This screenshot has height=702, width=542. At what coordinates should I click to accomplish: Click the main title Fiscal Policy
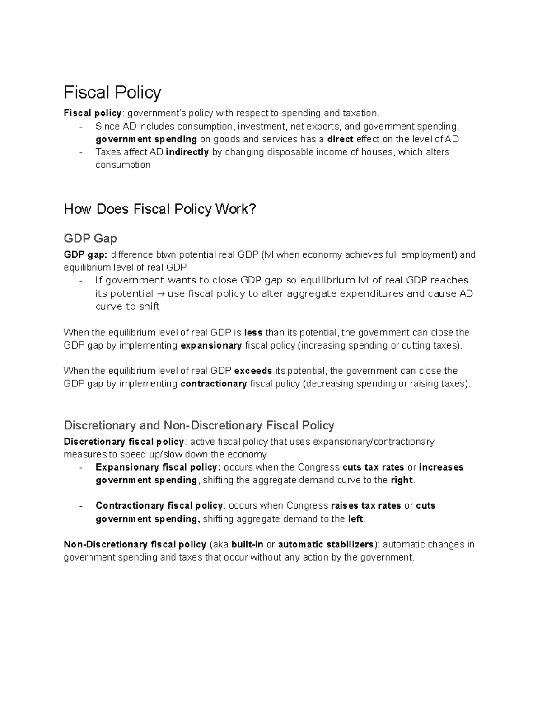(x=112, y=93)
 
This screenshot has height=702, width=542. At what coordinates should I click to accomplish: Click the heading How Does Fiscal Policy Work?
(x=160, y=209)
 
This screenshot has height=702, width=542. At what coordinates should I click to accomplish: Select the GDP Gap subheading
(x=90, y=238)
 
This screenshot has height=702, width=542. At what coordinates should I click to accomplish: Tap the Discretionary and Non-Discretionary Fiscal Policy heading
(x=199, y=425)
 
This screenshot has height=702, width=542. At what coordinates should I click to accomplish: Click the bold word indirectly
(x=187, y=152)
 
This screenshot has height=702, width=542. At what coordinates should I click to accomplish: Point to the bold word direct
(x=340, y=139)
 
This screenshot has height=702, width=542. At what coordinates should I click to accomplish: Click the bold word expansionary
(x=211, y=345)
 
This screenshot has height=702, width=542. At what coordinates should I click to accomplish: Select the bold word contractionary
(x=214, y=384)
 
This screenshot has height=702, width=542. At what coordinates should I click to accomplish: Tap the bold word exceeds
(x=253, y=371)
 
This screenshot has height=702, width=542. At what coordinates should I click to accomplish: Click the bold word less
(x=253, y=333)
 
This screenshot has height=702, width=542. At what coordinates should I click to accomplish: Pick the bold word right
(x=402, y=480)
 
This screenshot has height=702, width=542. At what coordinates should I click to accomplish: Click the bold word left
(x=355, y=519)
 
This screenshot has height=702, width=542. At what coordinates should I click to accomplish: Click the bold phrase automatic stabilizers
(x=326, y=544)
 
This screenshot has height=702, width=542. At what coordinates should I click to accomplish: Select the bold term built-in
(x=247, y=544)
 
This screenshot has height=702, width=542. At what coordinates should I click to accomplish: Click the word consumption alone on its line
(x=123, y=165)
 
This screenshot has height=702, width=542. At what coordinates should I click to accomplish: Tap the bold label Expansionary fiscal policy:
(x=158, y=467)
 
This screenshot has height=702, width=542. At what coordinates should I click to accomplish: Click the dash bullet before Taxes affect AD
(x=81, y=152)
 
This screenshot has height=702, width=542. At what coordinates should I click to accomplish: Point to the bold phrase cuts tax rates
(x=374, y=467)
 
